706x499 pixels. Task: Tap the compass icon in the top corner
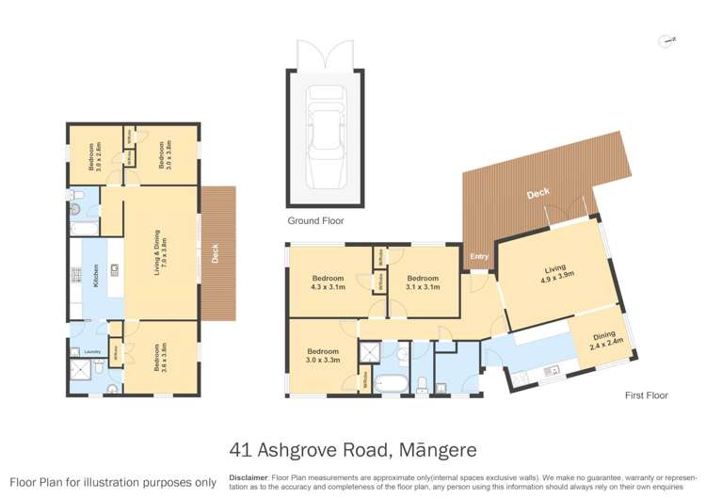point(667,40)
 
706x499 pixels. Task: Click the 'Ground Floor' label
point(315,221)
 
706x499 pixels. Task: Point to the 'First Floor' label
point(646,395)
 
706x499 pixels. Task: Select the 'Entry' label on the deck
point(479,256)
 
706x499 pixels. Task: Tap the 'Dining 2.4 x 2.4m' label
point(602,342)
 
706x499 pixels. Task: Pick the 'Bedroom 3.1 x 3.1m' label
point(423,283)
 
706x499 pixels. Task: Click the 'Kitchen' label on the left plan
point(95,276)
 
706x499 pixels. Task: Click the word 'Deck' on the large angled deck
point(538,194)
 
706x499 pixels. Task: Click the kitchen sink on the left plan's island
point(114,269)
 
